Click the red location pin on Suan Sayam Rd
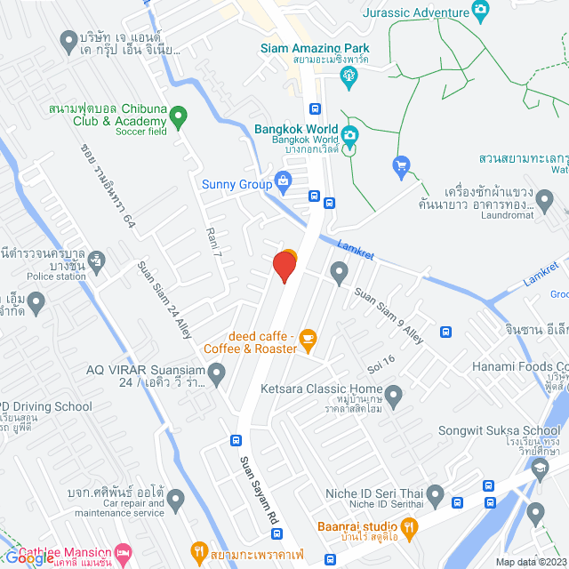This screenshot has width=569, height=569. [x=284, y=266]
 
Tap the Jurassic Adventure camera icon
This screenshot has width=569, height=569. [x=481, y=11]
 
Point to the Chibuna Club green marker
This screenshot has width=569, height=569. [x=178, y=115]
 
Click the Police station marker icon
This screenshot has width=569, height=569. [x=97, y=260]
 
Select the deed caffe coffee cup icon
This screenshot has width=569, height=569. [x=308, y=338]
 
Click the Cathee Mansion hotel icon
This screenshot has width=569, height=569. [x=124, y=553]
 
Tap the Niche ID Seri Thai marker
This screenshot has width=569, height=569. [x=435, y=493]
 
